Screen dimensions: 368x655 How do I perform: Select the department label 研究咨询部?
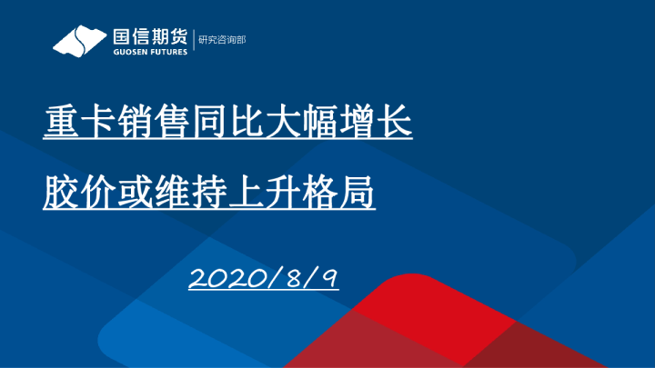[222, 40]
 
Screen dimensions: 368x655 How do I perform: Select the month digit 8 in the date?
[294, 278]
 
